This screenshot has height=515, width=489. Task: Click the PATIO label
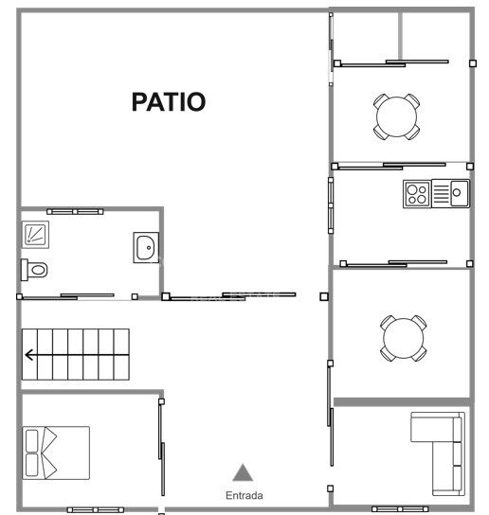point(169,102)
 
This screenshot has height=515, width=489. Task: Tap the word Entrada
point(244,495)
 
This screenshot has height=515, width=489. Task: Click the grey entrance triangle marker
point(243,472)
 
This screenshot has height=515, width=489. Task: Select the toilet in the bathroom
point(34,270)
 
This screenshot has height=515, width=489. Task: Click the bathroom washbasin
point(146,248)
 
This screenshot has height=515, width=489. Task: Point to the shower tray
point(35,235)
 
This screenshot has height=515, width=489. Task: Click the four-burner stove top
point(417,194)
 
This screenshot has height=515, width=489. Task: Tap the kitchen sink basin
point(460,193)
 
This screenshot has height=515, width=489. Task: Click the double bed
point(56,453)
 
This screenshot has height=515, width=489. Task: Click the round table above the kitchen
point(396,116)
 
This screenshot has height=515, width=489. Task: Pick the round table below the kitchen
point(404,338)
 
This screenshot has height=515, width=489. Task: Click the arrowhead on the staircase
point(29,355)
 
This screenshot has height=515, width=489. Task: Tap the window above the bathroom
point(75,211)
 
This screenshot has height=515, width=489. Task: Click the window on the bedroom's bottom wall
point(96,509)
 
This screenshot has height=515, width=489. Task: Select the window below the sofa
point(400,509)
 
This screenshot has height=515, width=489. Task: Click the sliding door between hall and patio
point(230,296)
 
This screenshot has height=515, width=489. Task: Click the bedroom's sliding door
point(161,447)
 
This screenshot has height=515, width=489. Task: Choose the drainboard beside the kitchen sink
point(441,194)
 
